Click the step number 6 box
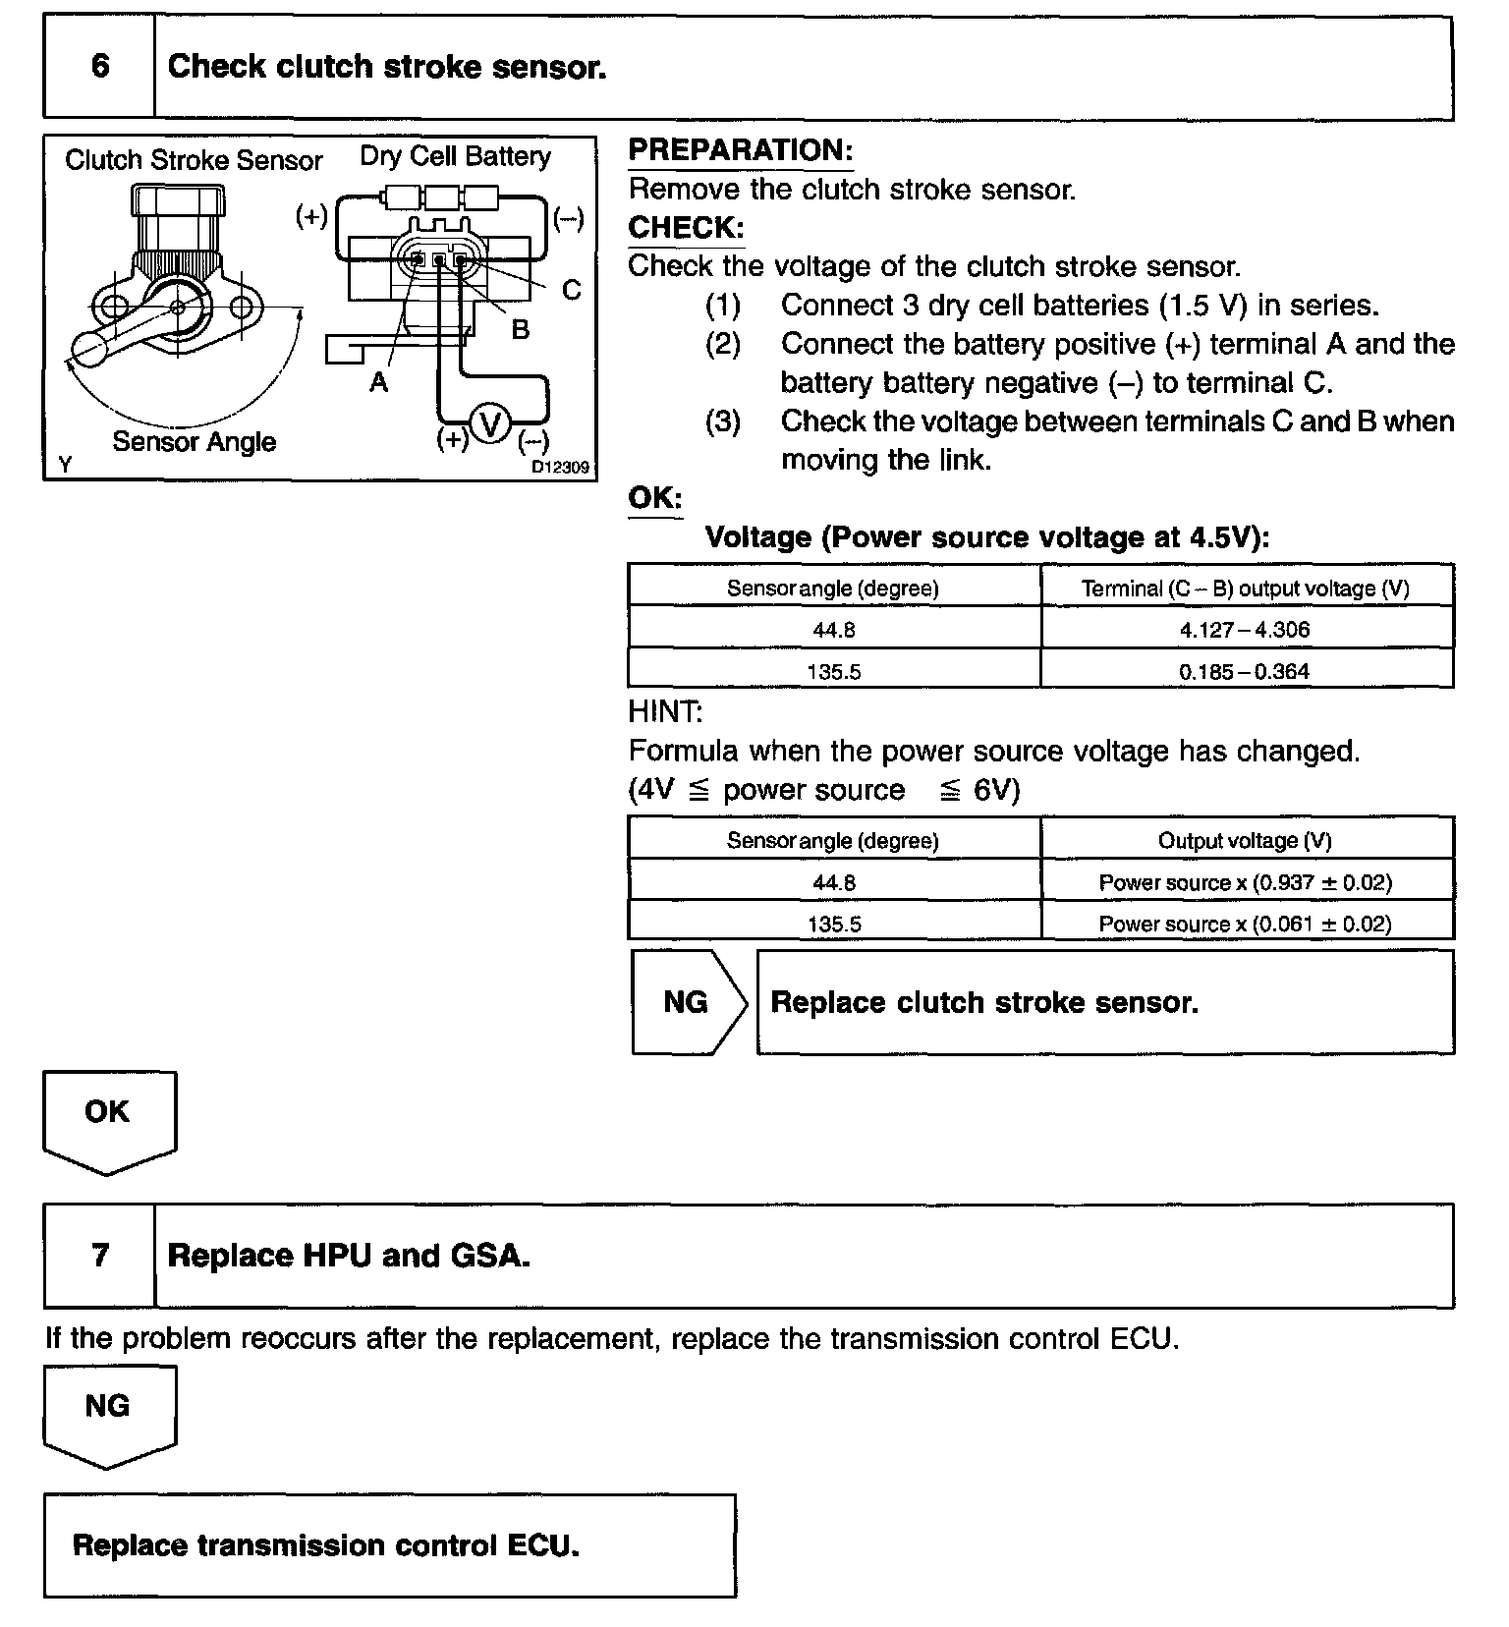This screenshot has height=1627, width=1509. coord(99,67)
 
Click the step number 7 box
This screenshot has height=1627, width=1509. coord(99,1256)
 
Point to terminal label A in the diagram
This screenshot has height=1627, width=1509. coord(379,382)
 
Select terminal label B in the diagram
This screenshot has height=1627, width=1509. coord(520,330)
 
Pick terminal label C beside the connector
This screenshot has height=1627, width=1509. coord(571,291)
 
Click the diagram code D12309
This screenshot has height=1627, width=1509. coord(560,467)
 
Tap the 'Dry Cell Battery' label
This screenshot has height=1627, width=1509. coord(455,156)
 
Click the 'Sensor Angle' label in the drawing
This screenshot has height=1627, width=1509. coord(194,442)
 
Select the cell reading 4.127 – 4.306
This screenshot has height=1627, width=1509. coord(1245,630)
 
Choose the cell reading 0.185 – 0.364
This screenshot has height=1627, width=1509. coord(1245,672)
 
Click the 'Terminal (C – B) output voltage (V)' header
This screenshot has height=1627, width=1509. coord(1245,589)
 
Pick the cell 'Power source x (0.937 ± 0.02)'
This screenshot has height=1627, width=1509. coord(1245,882)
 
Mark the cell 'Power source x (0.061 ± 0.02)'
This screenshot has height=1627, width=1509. coord(1245,924)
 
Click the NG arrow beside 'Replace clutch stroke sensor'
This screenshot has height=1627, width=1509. coord(687,1002)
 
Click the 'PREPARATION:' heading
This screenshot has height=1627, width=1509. coord(740,150)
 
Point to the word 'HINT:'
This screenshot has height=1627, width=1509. coord(665,711)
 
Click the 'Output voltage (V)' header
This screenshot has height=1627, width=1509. coord(1245,841)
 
